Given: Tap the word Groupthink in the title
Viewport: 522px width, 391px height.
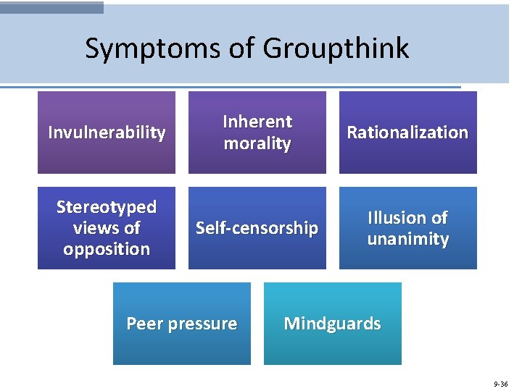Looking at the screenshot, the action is tap(336, 49).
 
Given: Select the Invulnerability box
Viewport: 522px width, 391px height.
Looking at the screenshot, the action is tap(107, 133).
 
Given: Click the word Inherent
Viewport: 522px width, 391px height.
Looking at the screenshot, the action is tap(257, 122).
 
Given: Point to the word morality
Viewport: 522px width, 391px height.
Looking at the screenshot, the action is tap(257, 143).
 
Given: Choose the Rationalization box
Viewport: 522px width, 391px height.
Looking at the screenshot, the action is tap(407, 133).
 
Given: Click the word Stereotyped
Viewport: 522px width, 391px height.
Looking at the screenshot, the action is tap(107, 207).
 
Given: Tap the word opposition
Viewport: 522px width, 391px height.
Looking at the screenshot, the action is tap(107, 249).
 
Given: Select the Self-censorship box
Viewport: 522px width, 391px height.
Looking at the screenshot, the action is tap(257, 228).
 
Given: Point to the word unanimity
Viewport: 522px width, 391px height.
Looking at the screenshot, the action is tap(407, 239).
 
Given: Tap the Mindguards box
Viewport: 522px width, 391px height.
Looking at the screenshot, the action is tap(332, 324).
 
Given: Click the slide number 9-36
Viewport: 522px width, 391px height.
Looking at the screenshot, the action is tap(500, 384).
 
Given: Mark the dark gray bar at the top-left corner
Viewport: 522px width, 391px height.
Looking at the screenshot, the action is tap(51, 7).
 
